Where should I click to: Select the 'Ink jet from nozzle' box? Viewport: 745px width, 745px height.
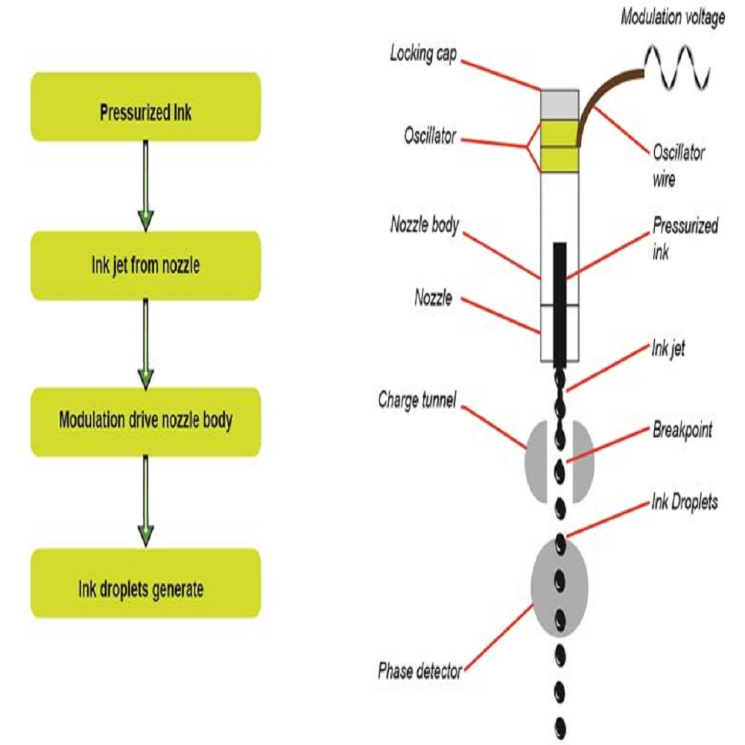coord(146,266)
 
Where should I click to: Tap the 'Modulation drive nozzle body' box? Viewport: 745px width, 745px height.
coord(146,421)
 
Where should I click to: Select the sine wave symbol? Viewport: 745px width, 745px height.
coord(677,68)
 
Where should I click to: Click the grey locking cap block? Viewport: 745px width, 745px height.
coord(559,104)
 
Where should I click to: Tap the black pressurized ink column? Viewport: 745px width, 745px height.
coord(559,298)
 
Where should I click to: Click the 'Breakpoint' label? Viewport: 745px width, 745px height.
coord(682,431)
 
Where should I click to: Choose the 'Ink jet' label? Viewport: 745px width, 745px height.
coord(668,347)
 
